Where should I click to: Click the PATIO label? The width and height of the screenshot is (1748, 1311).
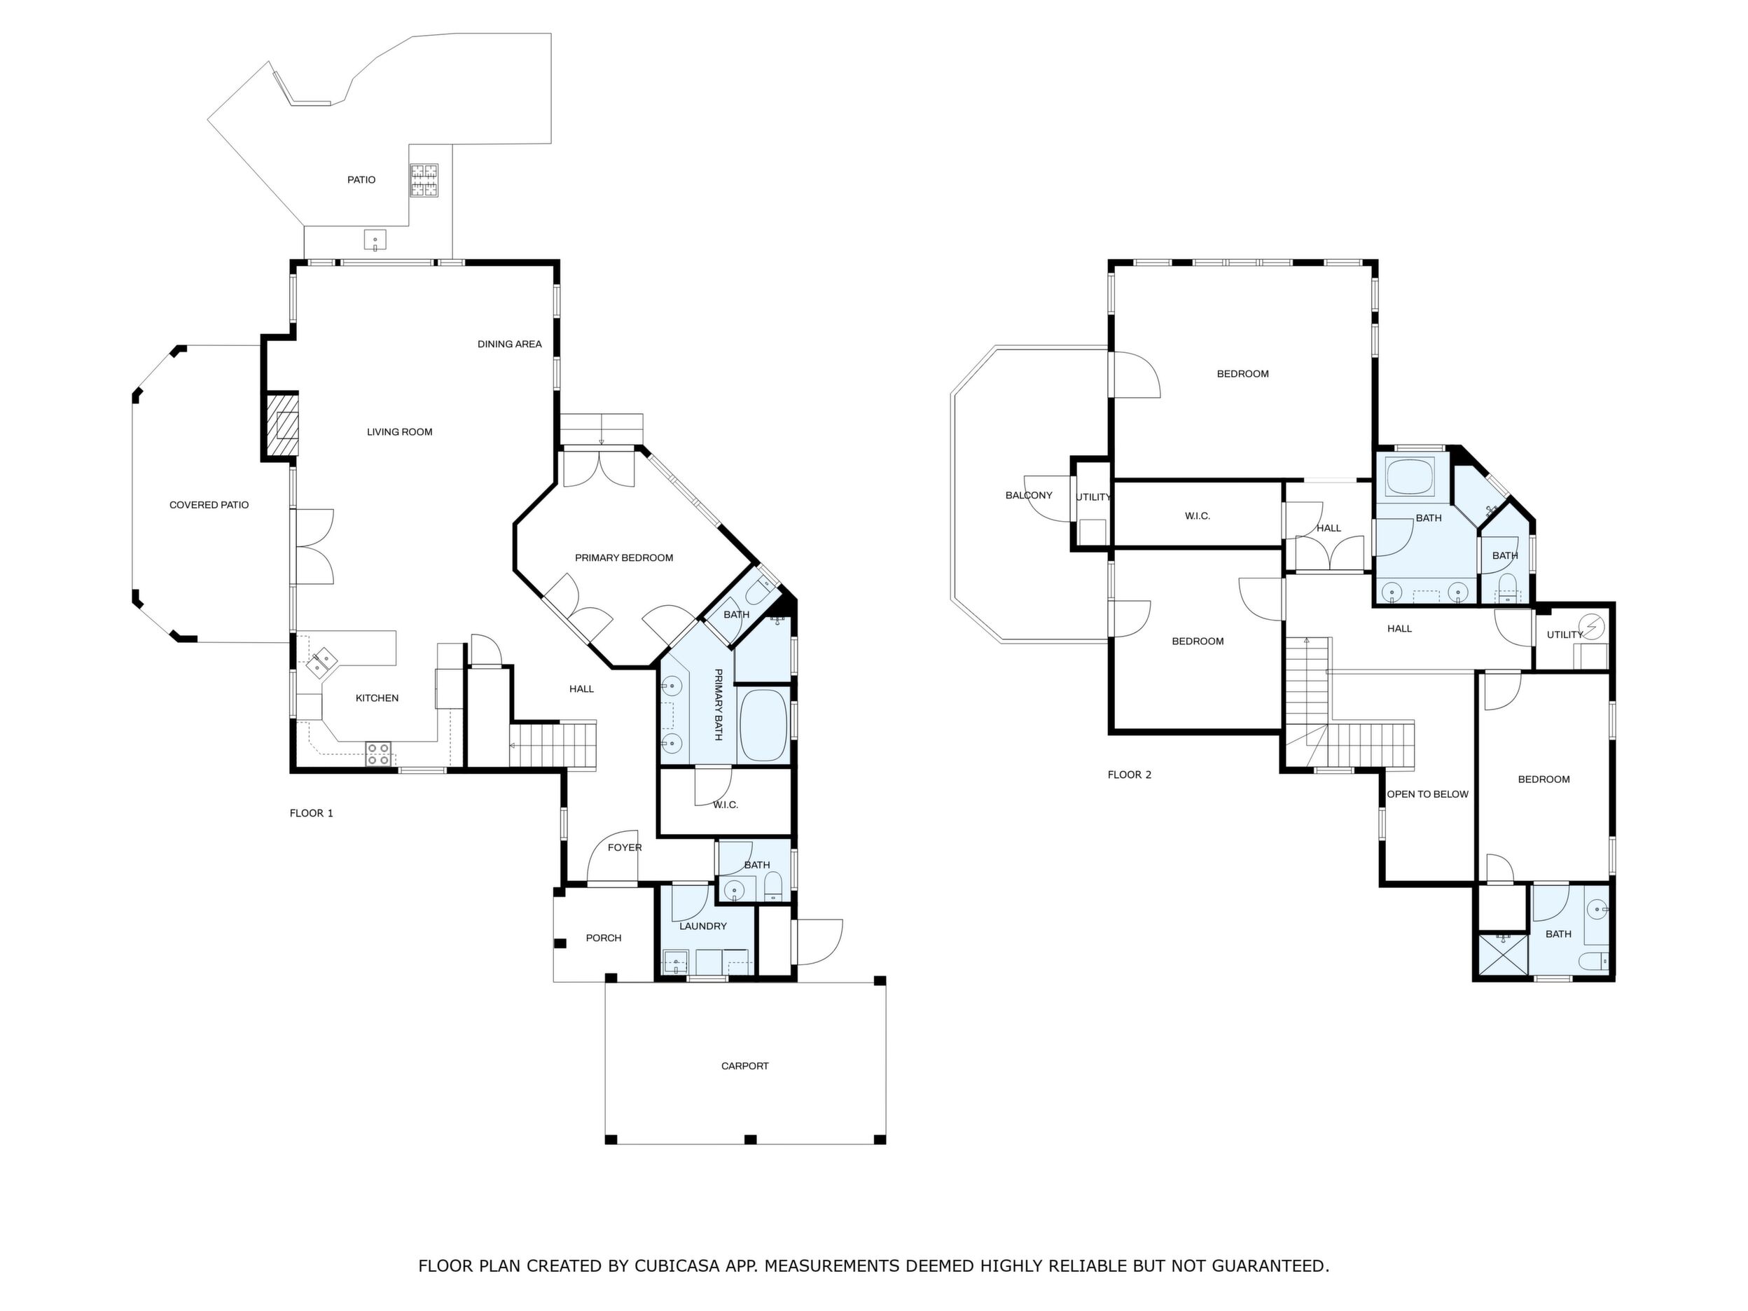pos(361,180)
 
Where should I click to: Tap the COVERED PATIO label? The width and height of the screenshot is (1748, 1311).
pos(209,505)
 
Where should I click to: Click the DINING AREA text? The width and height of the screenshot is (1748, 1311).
pos(510,344)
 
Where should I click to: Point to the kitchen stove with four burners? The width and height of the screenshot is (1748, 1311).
pos(378,754)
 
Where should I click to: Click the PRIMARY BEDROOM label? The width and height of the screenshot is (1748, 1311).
pos(624,558)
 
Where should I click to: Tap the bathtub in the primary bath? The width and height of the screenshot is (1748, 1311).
pos(763,726)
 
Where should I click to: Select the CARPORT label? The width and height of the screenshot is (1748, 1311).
pos(745,1066)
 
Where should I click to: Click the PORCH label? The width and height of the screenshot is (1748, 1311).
pos(604,938)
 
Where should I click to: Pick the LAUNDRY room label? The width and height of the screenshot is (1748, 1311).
pos(703,926)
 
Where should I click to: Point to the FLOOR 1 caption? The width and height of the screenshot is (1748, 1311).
pos(312,813)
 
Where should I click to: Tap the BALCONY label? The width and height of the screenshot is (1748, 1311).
pos(1029,496)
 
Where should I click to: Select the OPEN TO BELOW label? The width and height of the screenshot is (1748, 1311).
pos(1428,794)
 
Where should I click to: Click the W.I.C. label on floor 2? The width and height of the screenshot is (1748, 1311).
pos(1198,516)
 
